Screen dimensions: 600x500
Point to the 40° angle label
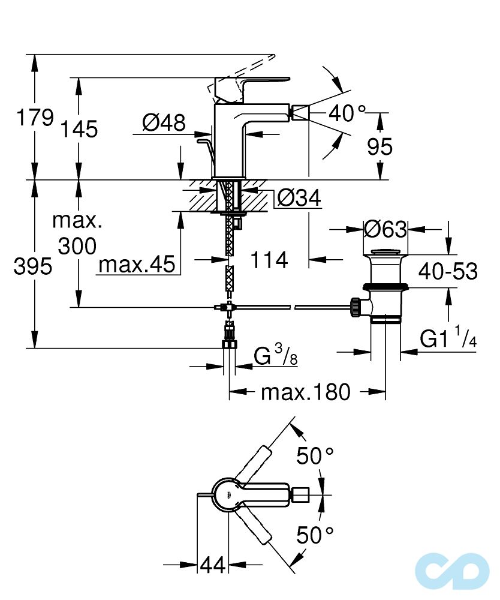[347, 113]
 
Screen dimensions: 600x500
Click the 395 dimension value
[33, 267]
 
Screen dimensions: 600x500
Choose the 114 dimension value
[269, 260]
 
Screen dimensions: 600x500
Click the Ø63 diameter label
[385, 229]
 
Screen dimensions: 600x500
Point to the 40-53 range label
[448, 271]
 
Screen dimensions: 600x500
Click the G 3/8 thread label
[276, 356]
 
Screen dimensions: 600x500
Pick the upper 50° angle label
[315, 457]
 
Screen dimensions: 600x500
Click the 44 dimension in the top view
[212, 565]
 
